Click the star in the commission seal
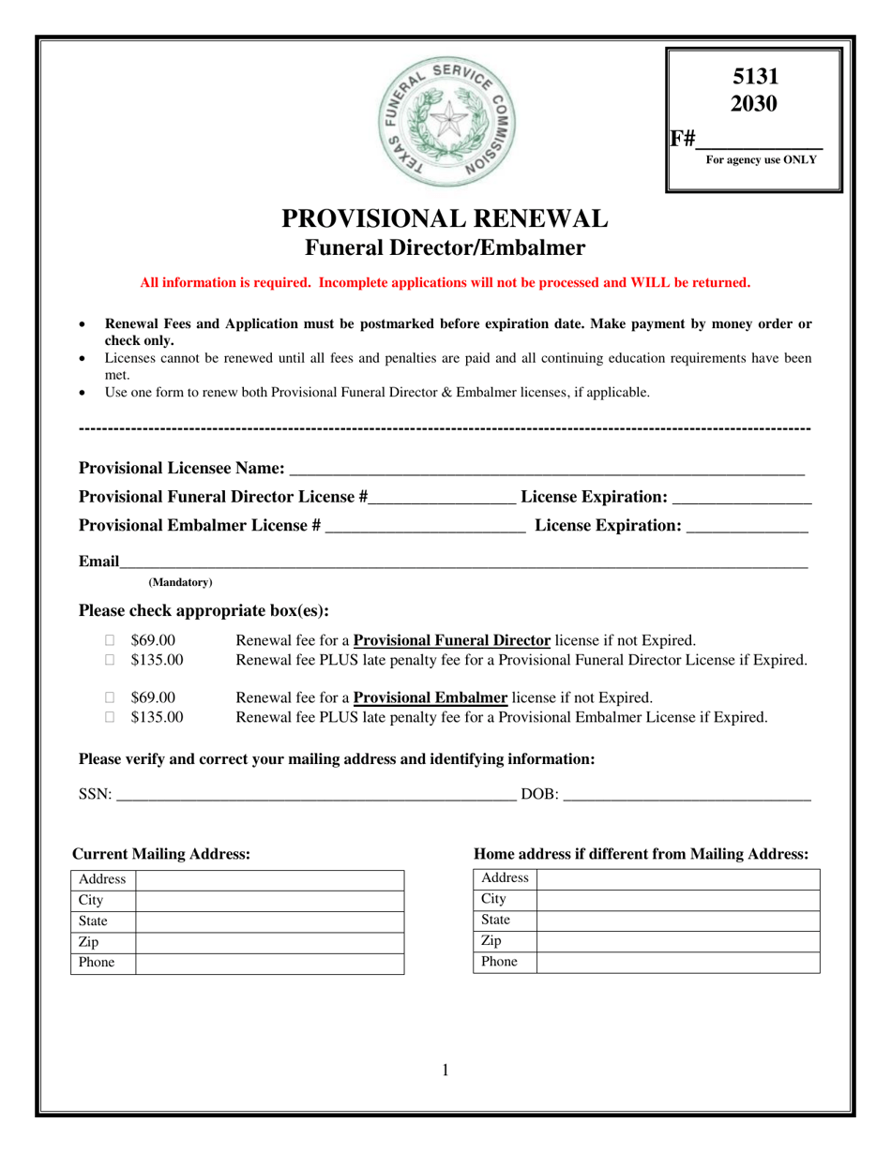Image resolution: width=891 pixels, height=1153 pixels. click(446, 119)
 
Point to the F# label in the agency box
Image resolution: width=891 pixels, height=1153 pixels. click(683, 140)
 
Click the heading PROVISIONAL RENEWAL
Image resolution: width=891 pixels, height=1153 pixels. click(445, 218)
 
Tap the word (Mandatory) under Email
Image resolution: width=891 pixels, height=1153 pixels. click(181, 582)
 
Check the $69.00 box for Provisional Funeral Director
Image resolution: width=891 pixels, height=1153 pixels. click(110, 641)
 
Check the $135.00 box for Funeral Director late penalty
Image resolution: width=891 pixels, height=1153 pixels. click(110, 661)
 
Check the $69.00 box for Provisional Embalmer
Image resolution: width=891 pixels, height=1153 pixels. click(110, 698)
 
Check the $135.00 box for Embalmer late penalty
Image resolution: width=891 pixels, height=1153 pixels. click(110, 718)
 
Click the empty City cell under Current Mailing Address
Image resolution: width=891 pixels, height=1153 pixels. click(270, 901)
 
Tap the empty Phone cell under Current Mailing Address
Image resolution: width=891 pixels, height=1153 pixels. click(270, 964)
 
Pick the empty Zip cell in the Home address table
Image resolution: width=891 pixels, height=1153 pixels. click(677, 941)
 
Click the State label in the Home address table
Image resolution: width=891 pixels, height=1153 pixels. click(495, 921)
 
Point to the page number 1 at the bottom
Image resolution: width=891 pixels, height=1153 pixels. click(445, 1071)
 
